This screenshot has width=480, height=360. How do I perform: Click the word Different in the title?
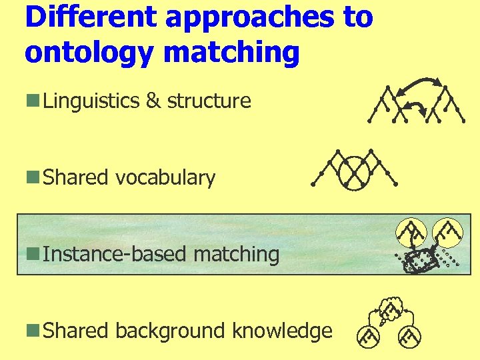pos(90,17)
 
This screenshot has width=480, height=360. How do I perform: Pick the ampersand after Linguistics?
pos(153,101)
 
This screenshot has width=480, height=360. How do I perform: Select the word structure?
pos(209,101)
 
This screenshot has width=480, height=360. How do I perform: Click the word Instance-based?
pos(116,254)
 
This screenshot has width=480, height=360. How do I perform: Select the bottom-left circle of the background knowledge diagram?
pos(366,337)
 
